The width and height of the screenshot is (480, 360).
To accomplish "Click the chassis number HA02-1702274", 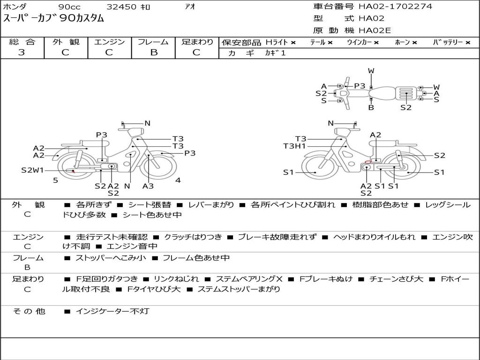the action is pyautogui.click(x=396, y=7).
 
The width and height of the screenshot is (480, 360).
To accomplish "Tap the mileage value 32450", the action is pyautogui.click(x=121, y=7).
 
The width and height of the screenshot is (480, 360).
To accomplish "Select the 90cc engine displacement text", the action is pyautogui.click(x=69, y=7).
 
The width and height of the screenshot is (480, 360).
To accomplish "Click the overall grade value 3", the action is pyautogui.click(x=22, y=52).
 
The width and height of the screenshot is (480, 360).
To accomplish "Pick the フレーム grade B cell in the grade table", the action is pyautogui.click(x=153, y=52).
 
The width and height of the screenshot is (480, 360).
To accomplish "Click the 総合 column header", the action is pyautogui.click(x=22, y=42).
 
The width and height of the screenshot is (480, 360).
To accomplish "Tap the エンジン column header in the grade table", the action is pyautogui.click(x=109, y=42).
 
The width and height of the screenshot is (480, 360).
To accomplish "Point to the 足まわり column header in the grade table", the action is pyautogui.click(x=197, y=42).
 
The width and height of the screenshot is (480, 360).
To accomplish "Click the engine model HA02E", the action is pyautogui.click(x=375, y=31).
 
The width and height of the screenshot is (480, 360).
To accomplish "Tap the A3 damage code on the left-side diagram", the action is pyautogui.click(x=148, y=186).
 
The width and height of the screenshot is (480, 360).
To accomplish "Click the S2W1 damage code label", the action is pyautogui.click(x=32, y=170).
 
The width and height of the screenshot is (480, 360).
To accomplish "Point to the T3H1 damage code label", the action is pyautogui.click(x=295, y=146).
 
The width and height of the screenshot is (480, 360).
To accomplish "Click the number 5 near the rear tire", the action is pyautogui.click(x=55, y=180).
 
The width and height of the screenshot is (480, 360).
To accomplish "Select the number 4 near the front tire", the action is pyautogui.click(x=178, y=180).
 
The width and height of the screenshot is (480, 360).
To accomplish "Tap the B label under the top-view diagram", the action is pyautogui.click(x=371, y=108).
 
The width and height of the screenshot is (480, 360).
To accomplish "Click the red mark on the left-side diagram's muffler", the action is pyautogui.click(x=73, y=171).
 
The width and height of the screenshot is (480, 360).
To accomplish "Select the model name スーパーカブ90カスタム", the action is pyautogui.click(x=54, y=19).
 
